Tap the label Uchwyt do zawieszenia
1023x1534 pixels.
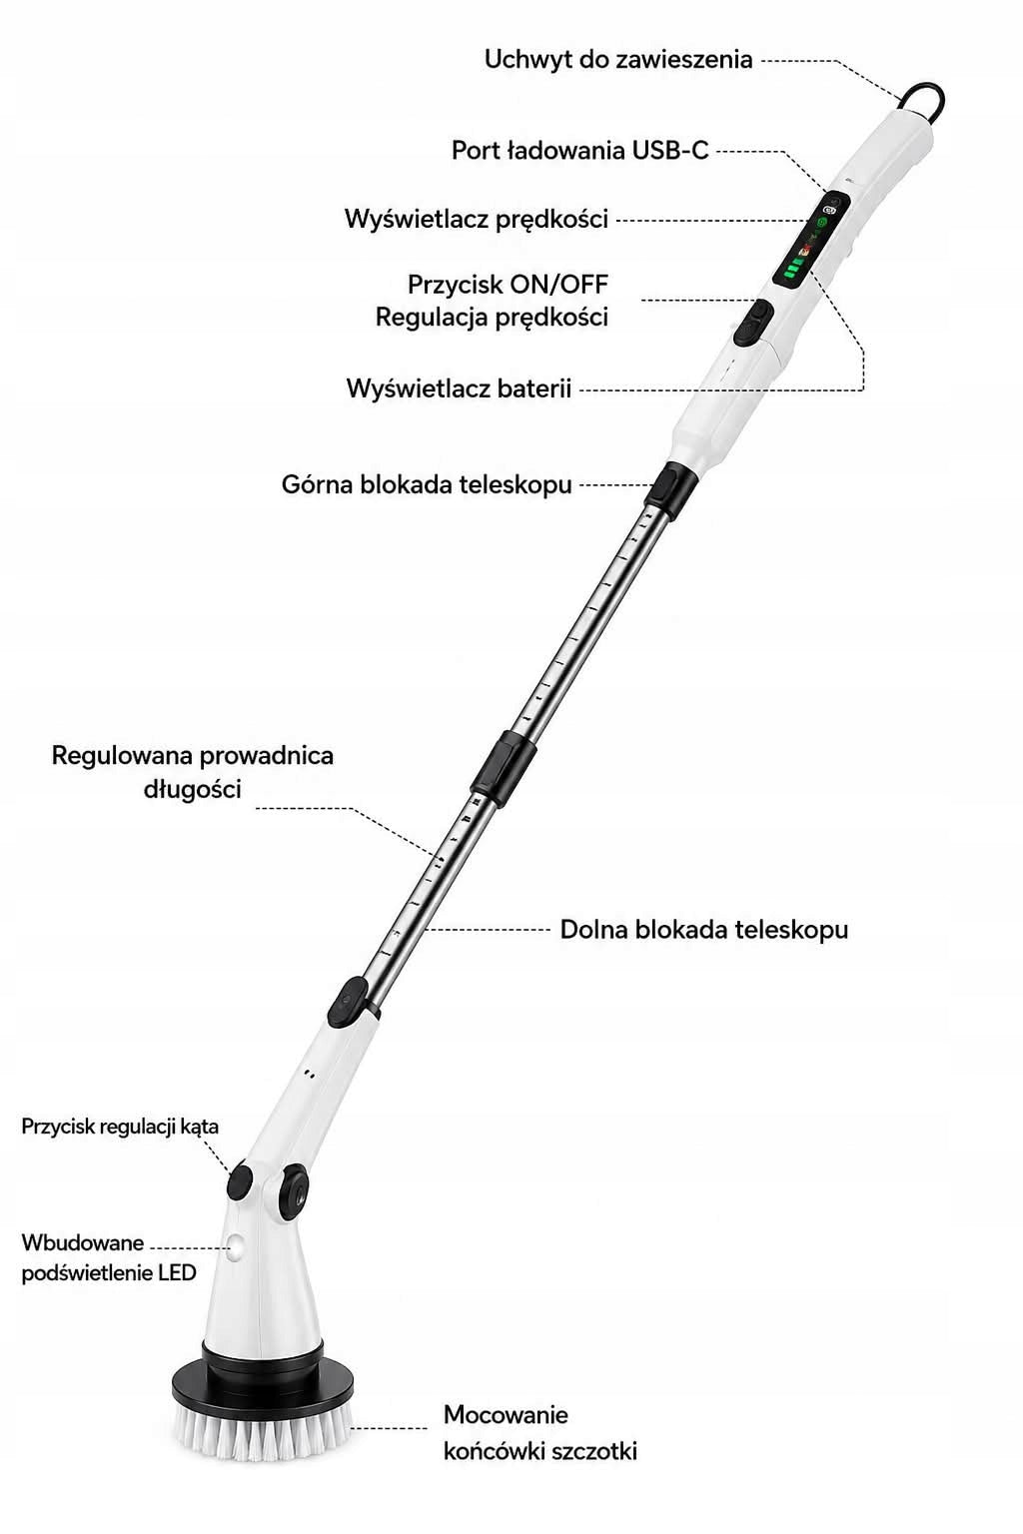[618, 60]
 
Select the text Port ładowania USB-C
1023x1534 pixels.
[579, 150]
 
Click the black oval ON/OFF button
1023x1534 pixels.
[753, 322]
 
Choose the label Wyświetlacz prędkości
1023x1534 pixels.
[477, 219]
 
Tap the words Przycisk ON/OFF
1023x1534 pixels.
[508, 285]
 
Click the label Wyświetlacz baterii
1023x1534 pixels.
[459, 388]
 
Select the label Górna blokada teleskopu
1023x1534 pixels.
[427, 484]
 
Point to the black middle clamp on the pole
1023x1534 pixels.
[504, 767]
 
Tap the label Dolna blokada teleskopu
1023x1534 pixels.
[703, 930]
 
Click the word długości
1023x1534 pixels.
[193, 789]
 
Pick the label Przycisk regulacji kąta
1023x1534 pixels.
[120, 1127]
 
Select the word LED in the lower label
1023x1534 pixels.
[178, 1272]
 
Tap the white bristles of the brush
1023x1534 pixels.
[263, 1429]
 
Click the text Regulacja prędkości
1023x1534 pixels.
[492, 317]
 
